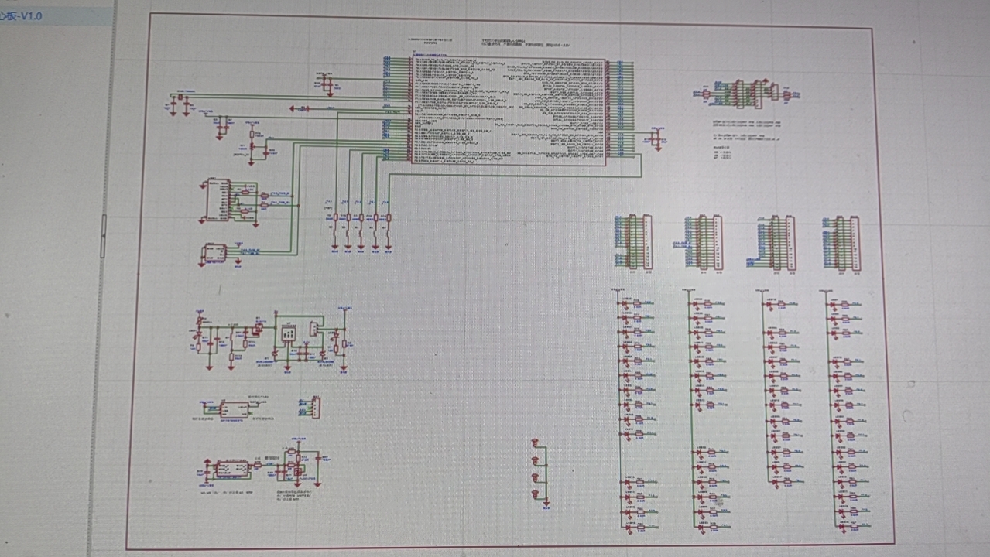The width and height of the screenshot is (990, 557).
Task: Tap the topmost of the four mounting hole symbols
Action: (535, 443)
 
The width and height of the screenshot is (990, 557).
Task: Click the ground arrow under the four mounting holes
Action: (546, 504)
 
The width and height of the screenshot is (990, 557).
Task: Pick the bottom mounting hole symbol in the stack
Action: (535, 493)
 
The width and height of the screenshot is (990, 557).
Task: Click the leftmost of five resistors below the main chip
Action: (334, 218)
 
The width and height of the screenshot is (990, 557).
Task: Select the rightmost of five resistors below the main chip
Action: (388, 218)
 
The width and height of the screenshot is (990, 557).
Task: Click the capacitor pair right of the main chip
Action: (656, 139)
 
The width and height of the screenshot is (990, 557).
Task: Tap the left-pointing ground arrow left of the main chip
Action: (295, 109)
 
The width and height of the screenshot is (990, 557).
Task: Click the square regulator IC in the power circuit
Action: (288, 332)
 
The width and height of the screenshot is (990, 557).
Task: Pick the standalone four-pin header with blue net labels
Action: (315, 407)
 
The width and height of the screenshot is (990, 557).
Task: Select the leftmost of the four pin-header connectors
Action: (642, 242)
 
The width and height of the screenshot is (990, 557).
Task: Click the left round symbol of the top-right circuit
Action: (705, 94)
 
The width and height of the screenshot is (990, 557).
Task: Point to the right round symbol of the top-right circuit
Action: (787, 95)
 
